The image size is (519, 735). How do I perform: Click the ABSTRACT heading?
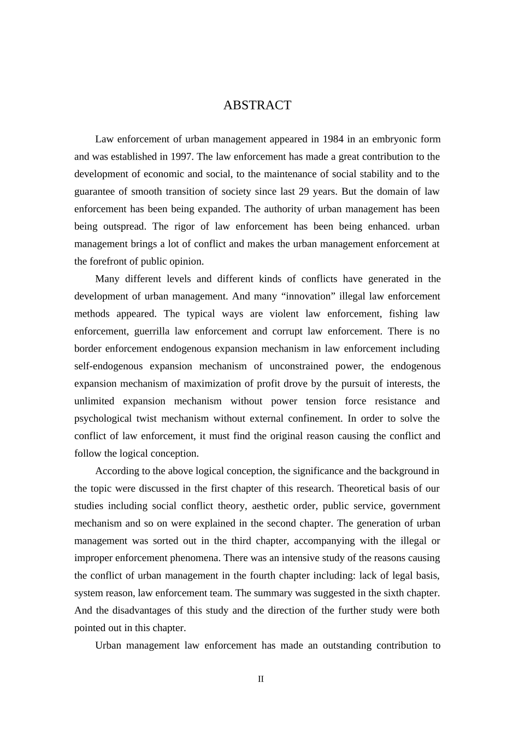[x=257, y=106]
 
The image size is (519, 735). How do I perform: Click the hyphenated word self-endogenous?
[x=108, y=366]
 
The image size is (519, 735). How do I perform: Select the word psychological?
[x=103, y=419]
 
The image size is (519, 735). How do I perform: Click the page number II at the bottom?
[x=261, y=679]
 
